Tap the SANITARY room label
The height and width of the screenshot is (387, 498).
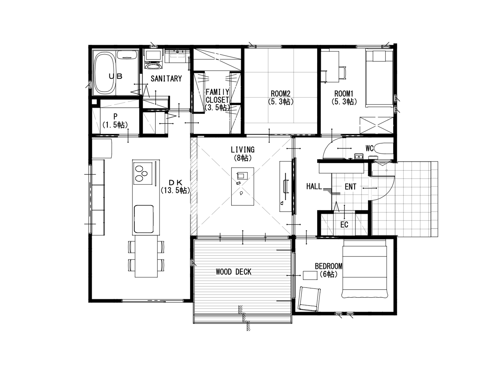pyautogui.click(x=166, y=79)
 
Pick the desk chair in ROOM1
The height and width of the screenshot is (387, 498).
pyautogui.click(x=342, y=73)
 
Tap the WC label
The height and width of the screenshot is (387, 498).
pyautogui.click(x=369, y=149)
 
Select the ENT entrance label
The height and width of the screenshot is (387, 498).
pyautogui.click(x=350, y=187)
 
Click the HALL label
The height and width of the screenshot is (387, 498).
pyautogui.click(x=314, y=187)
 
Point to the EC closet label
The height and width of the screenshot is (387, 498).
pyautogui.click(x=344, y=225)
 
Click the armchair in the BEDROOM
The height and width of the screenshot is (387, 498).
pyautogui.click(x=309, y=299)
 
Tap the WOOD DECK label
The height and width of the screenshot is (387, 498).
pyautogui.click(x=234, y=272)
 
